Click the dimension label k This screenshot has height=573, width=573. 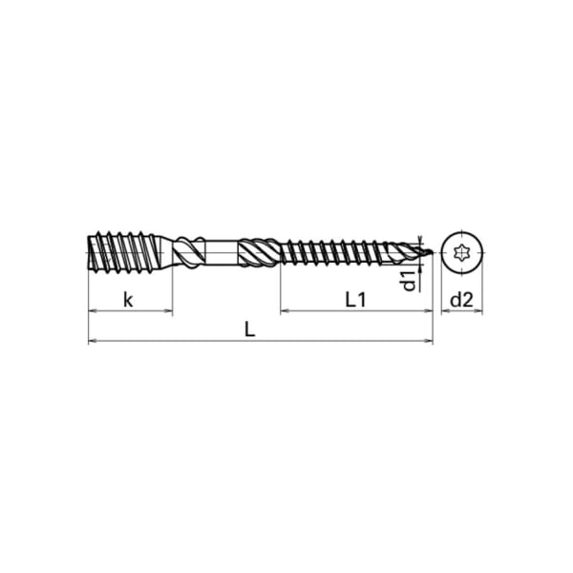[127, 300]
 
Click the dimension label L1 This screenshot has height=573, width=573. [355, 300]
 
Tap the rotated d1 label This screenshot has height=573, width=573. [409, 280]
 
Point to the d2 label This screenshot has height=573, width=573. [462, 300]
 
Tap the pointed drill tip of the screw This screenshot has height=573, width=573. [428, 253]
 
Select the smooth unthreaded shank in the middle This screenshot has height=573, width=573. [222, 253]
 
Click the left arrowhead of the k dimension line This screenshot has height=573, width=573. [92, 311]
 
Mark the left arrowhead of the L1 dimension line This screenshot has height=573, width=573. [284, 311]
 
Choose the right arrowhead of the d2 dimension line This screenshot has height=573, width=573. [478, 311]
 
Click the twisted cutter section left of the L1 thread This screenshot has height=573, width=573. [260, 253]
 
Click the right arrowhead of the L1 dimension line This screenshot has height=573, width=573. [430, 311]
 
